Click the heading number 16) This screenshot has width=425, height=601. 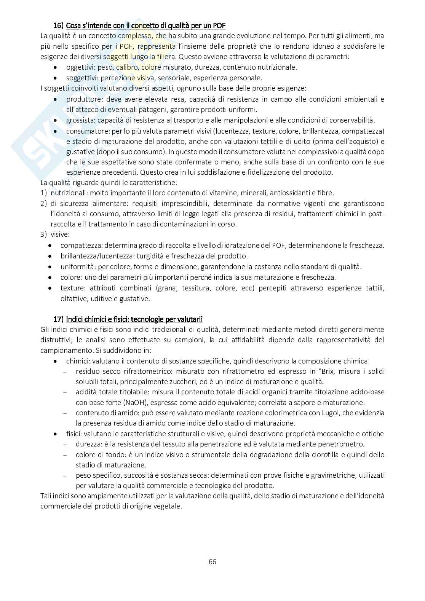(58, 26)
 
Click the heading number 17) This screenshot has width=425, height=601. (58, 319)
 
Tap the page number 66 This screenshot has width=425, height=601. (212, 561)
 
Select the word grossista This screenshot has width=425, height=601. (80, 120)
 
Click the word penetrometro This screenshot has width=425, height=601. (344, 444)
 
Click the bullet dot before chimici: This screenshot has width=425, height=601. (56, 361)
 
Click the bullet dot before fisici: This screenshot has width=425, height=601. (56, 434)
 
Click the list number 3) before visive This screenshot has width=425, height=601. (43, 235)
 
